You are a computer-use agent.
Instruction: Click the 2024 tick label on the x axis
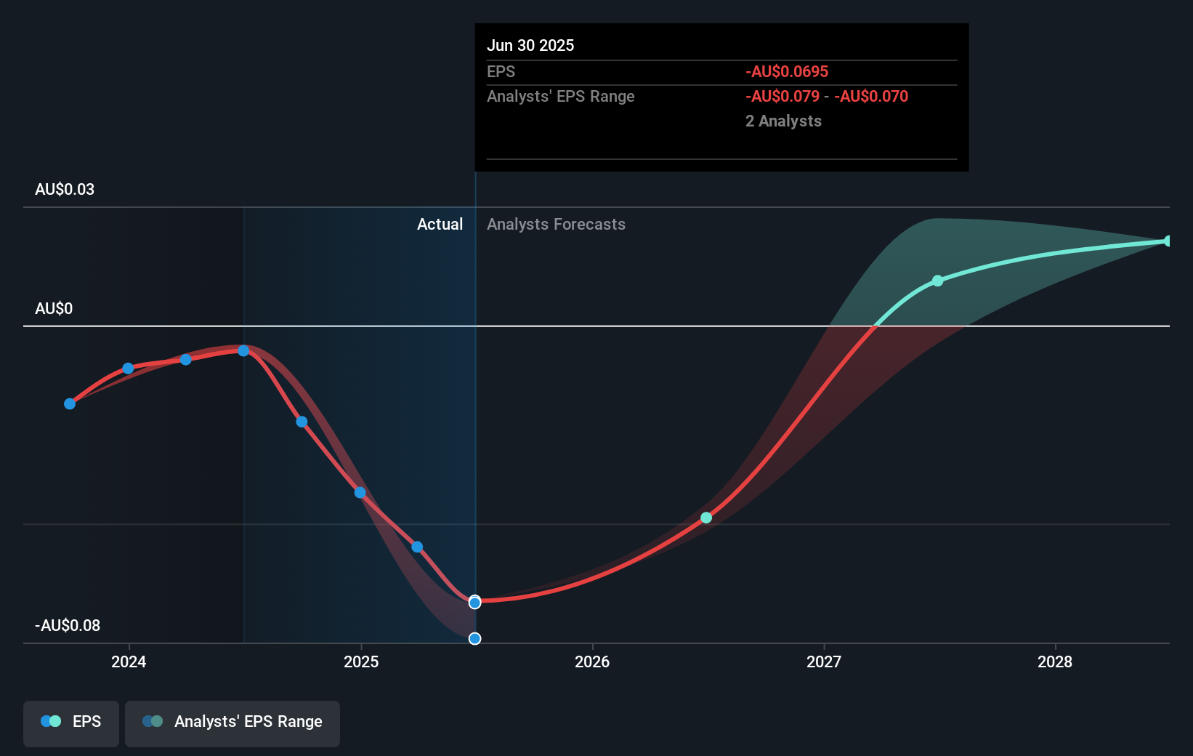pos(129,661)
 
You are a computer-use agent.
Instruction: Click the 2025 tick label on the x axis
pos(361,661)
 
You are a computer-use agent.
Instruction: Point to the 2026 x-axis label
pos(592,661)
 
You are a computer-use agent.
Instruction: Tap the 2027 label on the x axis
pos(824,661)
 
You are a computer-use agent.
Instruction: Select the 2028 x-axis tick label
pos(1055,661)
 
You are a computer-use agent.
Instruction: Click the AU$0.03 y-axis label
pos(65,189)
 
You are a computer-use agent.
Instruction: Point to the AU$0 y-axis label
pos(54,308)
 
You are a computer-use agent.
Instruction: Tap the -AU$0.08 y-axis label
pos(68,625)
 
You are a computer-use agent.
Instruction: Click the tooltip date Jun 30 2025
pos(530,45)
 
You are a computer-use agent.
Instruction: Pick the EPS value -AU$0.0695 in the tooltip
pos(787,71)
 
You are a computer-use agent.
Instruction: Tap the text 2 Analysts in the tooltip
pos(783,121)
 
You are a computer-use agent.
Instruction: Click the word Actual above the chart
pos(440,224)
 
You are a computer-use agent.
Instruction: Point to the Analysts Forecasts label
pos(556,224)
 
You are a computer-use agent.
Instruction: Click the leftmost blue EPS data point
pos(70,403)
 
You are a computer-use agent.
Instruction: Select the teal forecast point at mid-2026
pos(706,518)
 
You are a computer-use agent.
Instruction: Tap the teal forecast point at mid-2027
pos(937,281)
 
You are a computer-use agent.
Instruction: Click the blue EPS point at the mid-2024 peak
pos(243,350)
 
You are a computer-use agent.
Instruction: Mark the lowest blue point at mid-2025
pos(474,638)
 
